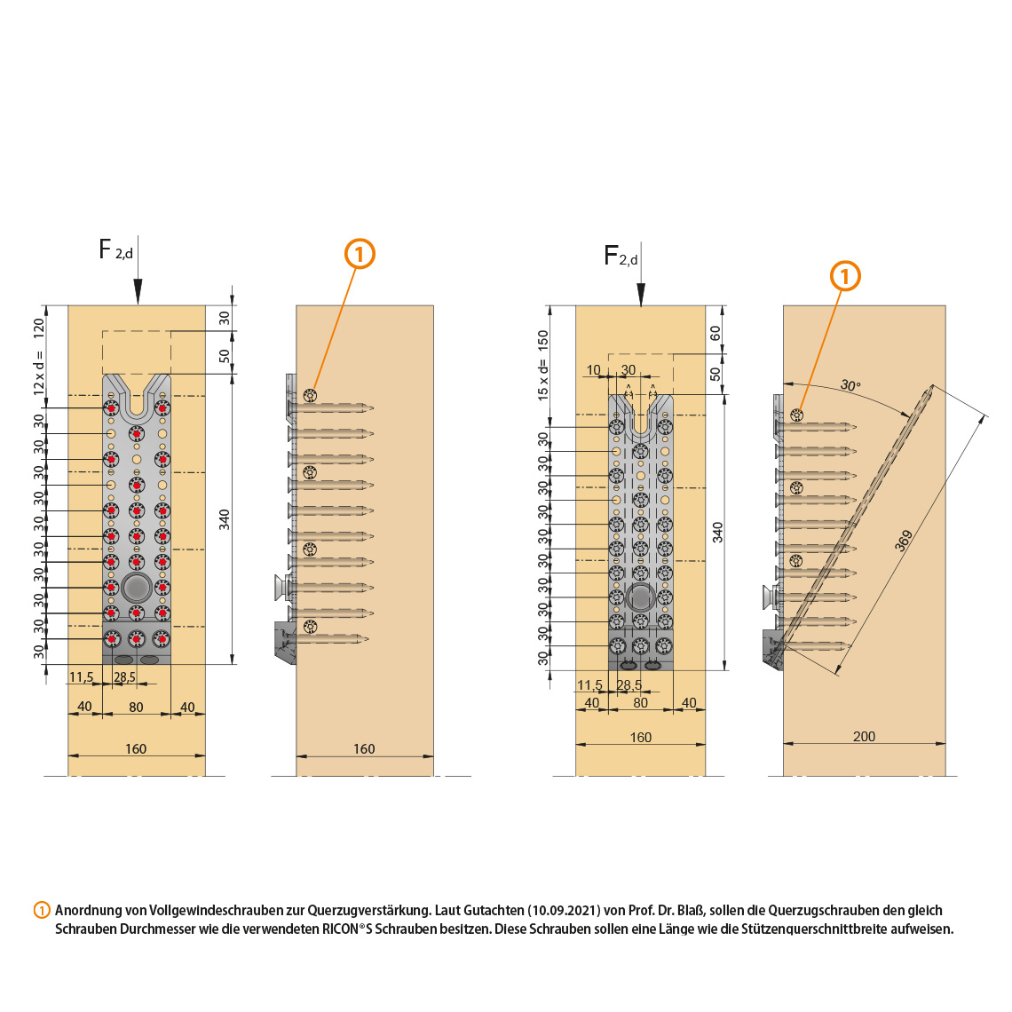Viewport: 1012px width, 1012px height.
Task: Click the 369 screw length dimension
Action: click(904, 541)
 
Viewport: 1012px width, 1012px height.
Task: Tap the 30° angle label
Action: click(850, 385)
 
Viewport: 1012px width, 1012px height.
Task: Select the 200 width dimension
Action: click(864, 736)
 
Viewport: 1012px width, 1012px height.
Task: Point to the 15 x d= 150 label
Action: click(543, 365)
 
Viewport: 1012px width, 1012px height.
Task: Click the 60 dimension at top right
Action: click(716, 335)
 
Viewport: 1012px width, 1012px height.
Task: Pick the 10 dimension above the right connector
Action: click(594, 370)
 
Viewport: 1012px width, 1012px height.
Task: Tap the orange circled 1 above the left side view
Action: click(360, 254)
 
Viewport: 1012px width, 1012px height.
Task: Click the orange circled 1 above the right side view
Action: click(845, 276)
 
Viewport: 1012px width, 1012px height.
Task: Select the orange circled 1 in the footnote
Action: click(42, 910)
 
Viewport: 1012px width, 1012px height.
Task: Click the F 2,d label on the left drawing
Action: click(115, 250)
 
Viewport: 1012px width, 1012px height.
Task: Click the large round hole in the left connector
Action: click(136, 587)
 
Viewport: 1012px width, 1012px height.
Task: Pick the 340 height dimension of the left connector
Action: click(225, 519)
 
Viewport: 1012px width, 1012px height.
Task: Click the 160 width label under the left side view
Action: click(364, 748)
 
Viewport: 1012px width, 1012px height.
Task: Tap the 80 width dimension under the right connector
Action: click(640, 702)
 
